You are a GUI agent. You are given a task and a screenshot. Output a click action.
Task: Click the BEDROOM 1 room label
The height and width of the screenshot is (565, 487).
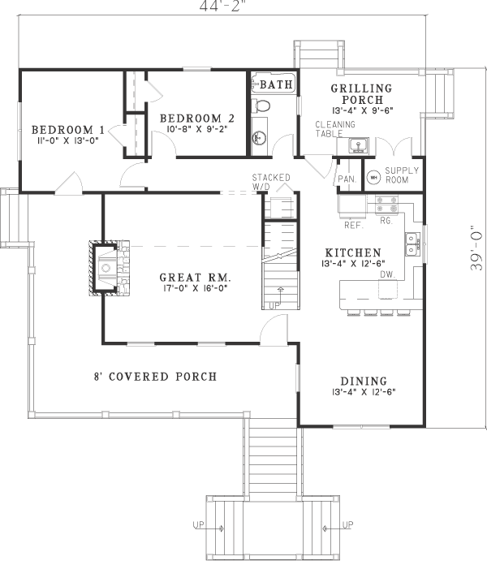(x=67, y=130)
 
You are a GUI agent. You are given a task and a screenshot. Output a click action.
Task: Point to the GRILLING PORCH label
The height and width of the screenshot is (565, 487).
(x=361, y=94)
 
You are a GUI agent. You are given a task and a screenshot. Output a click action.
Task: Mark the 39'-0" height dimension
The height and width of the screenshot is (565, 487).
(x=477, y=248)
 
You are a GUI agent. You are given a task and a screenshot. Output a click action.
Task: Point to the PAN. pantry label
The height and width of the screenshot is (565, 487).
(x=347, y=179)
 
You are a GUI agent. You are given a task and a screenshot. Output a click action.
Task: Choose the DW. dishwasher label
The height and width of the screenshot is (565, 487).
(x=386, y=274)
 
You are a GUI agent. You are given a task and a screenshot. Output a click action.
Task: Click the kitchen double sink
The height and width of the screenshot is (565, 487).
(x=412, y=244)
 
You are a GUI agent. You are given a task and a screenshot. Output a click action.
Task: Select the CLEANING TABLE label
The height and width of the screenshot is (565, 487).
(x=330, y=130)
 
